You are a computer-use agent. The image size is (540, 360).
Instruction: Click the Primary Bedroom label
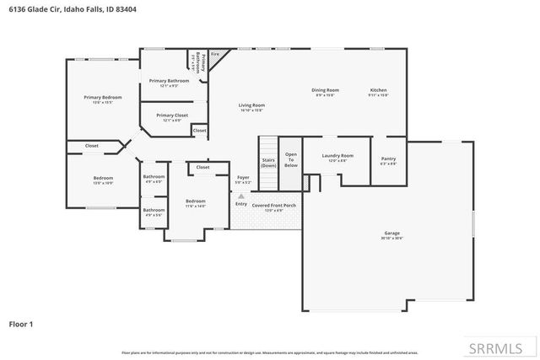(x=103, y=98)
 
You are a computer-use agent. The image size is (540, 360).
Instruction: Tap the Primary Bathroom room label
(x=169, y=81)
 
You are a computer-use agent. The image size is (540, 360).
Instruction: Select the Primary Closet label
(x=171, y=116)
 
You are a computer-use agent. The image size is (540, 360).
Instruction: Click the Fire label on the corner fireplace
(x=213, y=53)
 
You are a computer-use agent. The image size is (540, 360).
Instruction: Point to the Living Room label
(x=251, y=105)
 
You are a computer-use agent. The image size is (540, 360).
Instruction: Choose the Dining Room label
(x=325, y=89)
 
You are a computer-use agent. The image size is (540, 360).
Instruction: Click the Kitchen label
(x=379, y=89)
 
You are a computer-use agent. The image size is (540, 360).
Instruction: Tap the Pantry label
(x=388, y=159)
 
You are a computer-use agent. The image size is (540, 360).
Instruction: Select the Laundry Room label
(x=337, y=156)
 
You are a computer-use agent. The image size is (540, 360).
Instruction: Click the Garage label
(x=391, y=233)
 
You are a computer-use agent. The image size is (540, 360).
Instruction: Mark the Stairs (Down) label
(x=268, y=162)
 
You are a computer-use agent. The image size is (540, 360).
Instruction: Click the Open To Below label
(x=290, y=159)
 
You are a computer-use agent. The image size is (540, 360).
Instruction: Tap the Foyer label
(x=243, y=179)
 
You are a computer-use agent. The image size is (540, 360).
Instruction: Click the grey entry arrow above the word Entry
(x=241, y=196)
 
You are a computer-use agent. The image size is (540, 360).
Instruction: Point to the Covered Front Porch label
(x=273, y=206)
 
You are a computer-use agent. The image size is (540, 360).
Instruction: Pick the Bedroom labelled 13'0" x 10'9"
(x=103, y=179)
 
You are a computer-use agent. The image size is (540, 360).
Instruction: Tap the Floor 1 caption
(x=21, y=323)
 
